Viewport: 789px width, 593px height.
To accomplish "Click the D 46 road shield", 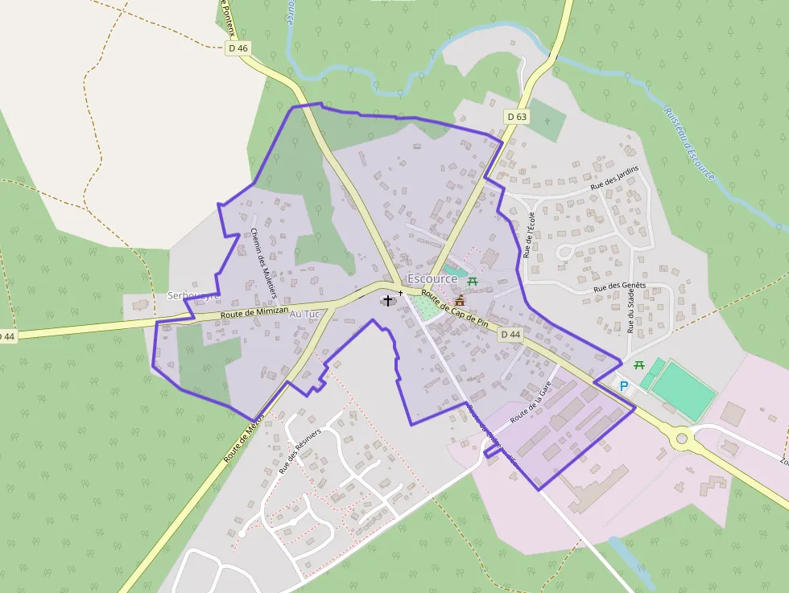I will pos(238,48).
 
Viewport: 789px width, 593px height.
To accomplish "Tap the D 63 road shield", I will pos(518,117).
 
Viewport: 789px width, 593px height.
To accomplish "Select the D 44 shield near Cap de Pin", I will pos(511,334).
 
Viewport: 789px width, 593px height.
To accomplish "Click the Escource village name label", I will pos(432,278).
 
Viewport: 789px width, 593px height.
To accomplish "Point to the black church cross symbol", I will pos(388,300).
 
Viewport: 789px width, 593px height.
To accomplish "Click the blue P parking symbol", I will pos(623,386).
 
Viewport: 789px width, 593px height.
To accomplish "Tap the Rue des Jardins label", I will pos(614,177).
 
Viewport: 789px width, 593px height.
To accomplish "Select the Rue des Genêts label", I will pos(620,286).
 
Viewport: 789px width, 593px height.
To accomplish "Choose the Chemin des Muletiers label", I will pos(259,257).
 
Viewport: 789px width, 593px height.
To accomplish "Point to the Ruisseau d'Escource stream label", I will pos(689,142).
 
